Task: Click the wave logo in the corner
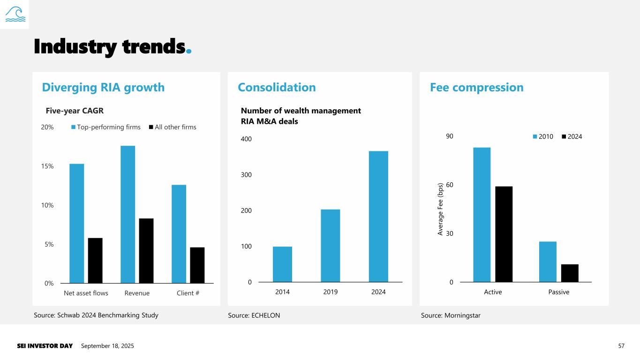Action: click(14, 14)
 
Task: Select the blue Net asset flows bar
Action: click(76, 223)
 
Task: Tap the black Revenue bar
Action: click(146, 251)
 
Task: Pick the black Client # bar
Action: click(197, 265)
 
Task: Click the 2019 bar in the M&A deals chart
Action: click(331, 246)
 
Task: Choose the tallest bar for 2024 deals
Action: click(378, 217)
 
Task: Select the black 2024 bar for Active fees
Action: click(504, 234)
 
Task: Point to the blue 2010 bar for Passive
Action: click(548, 262)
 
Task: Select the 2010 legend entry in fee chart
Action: click(542, 136)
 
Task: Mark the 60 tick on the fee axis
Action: click(449, 185)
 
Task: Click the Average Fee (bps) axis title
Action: click(440, 209)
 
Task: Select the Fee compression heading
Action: click(476, 87)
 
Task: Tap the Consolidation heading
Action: click(277, 87)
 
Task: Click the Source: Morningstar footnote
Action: click(451, 315)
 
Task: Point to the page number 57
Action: click(621, 346)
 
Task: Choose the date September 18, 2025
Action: click(107, 346)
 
